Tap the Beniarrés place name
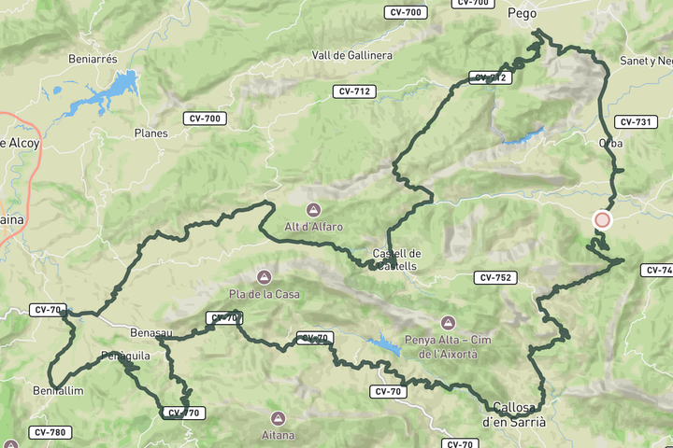click(x=93, y=58)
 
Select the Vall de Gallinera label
click(x=352, y=55)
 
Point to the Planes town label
click(x=150, y=133)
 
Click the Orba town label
click(x=610, y=143)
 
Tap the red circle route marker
click(x=602, y=220)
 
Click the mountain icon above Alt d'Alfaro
click(x=314, y=209)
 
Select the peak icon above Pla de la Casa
click(x=265, y=277)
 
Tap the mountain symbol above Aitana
click(x=278, y=418)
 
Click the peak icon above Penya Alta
click(x=448, y=322)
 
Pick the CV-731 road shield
click(x=635, y=122)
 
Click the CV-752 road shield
click(x=494, y=277)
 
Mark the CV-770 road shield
click(x=183, y=413)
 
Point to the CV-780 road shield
click(x=50, y=432)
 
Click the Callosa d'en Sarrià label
click(x=513, y=414)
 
